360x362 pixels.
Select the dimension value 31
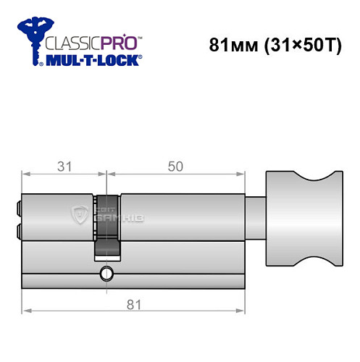click(64, 166)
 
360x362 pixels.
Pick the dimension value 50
click(175, 166)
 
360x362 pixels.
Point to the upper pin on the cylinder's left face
click(18, 209)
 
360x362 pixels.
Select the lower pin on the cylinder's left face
click(18, 231)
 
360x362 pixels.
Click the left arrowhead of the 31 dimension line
click(26, 174)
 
